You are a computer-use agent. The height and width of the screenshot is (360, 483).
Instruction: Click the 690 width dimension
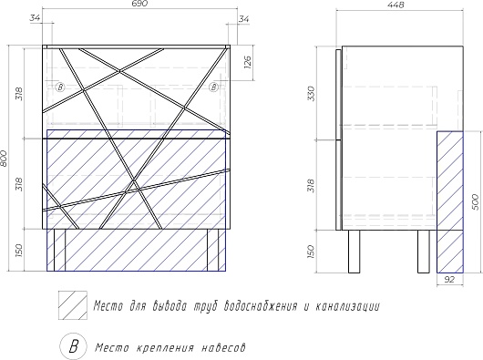[141, 4]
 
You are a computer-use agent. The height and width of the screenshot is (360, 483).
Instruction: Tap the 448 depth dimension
[396, 5]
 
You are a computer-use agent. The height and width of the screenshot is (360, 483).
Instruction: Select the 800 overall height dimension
[4, 159]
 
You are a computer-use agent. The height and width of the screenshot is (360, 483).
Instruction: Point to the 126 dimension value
[248, 62]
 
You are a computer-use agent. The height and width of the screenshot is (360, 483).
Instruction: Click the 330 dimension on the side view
[312, 93]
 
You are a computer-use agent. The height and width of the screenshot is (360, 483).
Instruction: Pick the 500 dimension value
[476, 202]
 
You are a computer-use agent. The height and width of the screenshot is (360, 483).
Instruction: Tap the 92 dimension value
[449, 280]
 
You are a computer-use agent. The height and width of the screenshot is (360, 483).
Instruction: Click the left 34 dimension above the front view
[35, 18]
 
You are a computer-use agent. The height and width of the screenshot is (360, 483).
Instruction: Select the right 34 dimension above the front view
[243, 19]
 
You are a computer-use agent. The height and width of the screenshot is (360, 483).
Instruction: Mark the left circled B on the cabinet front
[60, 87]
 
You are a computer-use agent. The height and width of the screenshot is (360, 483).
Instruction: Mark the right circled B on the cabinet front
[214, 87]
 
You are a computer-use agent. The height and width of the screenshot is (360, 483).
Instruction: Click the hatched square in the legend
[73, 305]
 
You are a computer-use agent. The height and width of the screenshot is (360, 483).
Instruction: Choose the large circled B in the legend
[73, 346]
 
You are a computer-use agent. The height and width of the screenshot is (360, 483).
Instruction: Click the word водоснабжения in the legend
[262, 306]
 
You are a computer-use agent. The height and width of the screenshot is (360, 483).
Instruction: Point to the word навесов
[224, 348]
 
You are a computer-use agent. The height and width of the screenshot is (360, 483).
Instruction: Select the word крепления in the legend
[165, 348]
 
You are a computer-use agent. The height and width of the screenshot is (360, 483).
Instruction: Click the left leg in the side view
[354, 252]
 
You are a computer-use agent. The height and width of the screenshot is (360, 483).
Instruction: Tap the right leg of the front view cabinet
[212, 250]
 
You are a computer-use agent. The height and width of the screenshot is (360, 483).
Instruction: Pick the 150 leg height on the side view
[312, 252]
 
